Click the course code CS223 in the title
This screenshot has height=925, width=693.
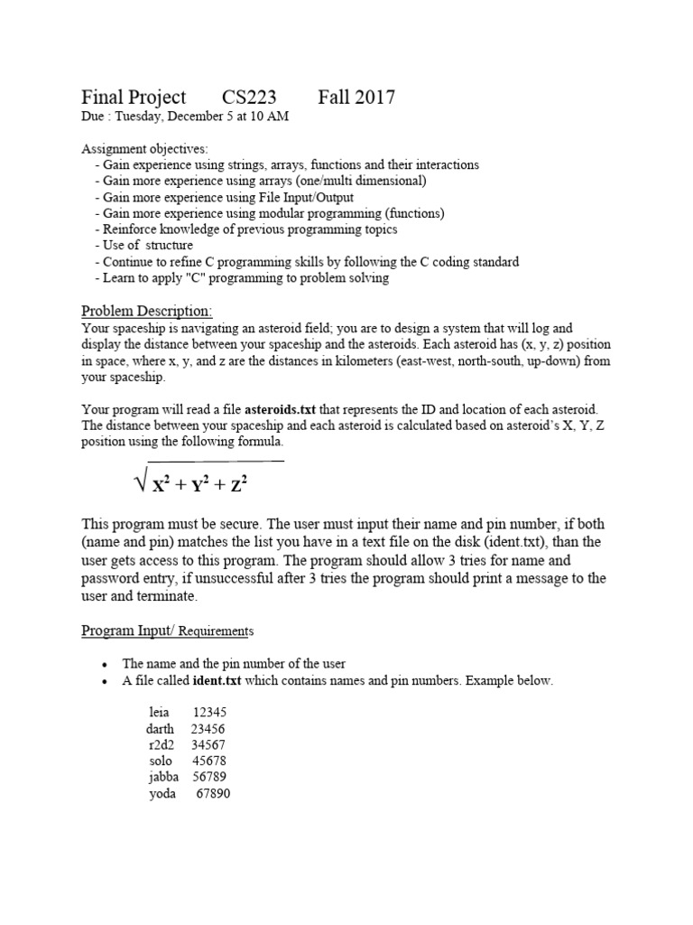point(249,98)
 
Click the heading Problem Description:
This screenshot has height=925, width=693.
point(147,311)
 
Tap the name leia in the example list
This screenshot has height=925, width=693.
point(159,712)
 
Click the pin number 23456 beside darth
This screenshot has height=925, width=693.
point(208,728)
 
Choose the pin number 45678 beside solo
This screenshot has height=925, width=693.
point(209,761)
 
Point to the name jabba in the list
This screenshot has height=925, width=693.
point(163,777)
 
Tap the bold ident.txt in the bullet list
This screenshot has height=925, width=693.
point(217,681)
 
